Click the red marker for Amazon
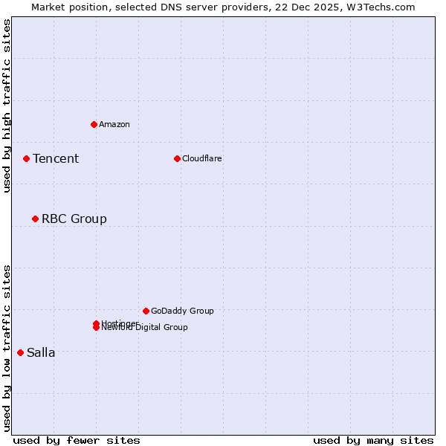click(94, 124)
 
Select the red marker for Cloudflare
click(177, 158)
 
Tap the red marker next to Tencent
click(26, 158)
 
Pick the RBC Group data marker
click(35, 219)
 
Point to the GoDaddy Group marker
click(146, 311)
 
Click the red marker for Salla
click(20, 352)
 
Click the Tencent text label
click(56, 158)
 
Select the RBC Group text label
click(74, 219)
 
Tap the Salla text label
click(41, 352)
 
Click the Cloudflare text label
click(202, 158)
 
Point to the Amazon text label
click(114, 124)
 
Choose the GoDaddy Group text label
click(182, 311)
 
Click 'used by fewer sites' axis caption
click(77, 440)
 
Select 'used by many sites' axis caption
click(373, 440)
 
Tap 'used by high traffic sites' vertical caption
click(7, 106)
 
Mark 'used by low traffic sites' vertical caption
click(7, 348)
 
